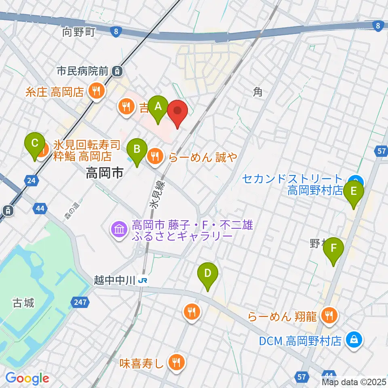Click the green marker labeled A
tap(158, 108)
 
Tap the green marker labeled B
tap(137, 150)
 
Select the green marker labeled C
tap(35, 143)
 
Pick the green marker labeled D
tap(207, 274)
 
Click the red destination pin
tap(177, 112)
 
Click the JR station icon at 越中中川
tap(142, 280)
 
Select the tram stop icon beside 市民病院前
tap(117, 72)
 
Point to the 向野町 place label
tap(78, 32)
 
